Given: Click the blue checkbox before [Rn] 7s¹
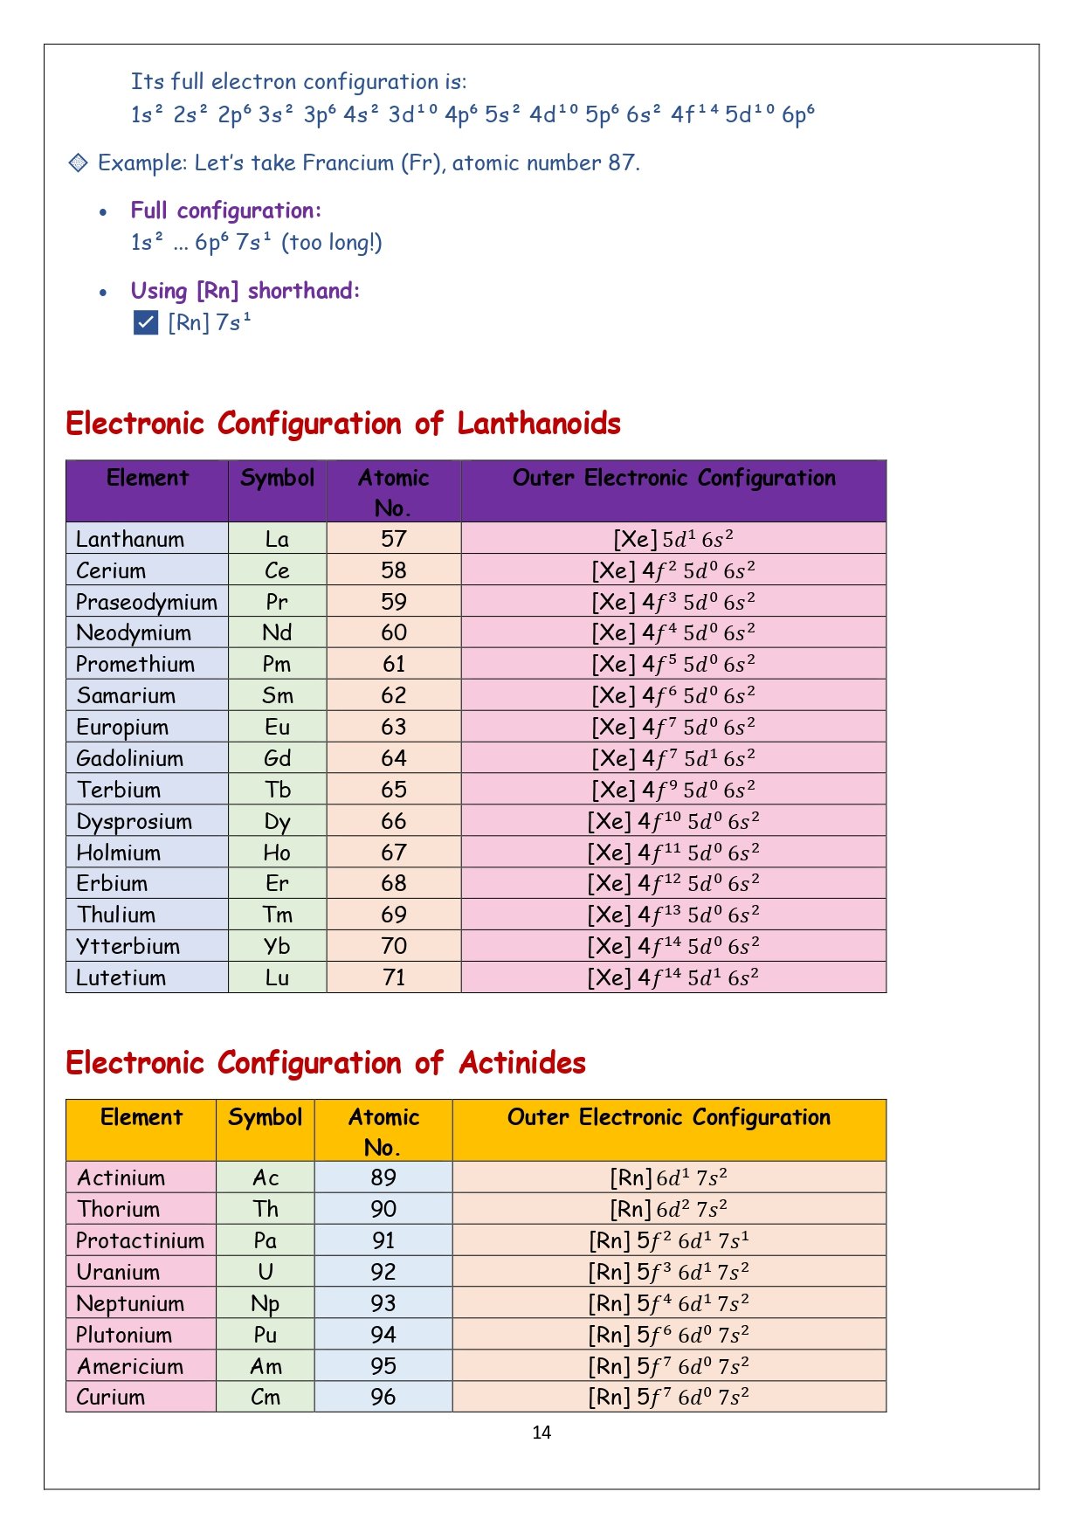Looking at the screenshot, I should click(x=146, y=322).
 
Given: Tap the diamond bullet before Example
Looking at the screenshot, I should click(x=79, y=162).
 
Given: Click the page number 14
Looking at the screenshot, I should click(x=541, y=1432).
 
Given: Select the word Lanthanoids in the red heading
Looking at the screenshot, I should click(x=538, y=424).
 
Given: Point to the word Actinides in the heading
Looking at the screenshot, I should click(x=522, y=1063).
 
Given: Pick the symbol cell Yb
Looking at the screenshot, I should click(x=277, y=946).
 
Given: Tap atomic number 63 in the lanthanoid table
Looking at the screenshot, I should click(x=394, y=727).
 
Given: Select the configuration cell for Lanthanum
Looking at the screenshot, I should click(x=673, y=539).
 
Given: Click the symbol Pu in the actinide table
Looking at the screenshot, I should click(x=266, y=1335).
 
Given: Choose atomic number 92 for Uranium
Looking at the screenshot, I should click(x=383, y=1272).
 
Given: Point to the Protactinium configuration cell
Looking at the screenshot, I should click(x=668, y=1240).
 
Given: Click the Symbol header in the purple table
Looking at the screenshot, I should click(x=277, y=478).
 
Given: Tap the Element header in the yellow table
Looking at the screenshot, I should click(x=141, y=1117).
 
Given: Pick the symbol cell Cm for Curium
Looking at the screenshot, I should click(x=266, y=1397).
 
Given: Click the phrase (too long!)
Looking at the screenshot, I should click(x=332, y=242).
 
